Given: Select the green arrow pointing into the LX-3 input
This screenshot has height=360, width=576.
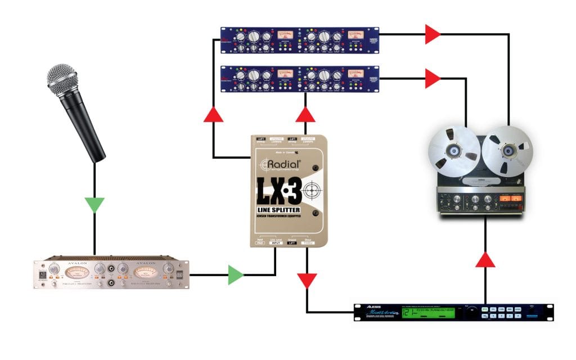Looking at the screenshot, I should (236, 275).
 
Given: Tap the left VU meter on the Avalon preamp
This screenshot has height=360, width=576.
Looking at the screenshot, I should (76, 273).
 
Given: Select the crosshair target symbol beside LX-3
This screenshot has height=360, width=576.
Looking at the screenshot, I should (313, 193).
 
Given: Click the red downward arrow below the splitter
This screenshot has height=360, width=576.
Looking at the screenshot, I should (307, 280).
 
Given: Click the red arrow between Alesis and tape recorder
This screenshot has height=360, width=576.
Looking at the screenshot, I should (485, 260).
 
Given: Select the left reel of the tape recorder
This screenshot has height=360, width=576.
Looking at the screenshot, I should (454, 150).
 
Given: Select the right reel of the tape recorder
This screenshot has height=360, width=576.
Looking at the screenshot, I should (509, 150).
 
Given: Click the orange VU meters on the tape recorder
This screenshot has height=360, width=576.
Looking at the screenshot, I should (511, 199).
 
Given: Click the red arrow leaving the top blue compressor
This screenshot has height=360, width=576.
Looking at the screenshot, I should (433, 34).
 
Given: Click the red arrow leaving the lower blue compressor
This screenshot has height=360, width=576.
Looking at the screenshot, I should (433, 79).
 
